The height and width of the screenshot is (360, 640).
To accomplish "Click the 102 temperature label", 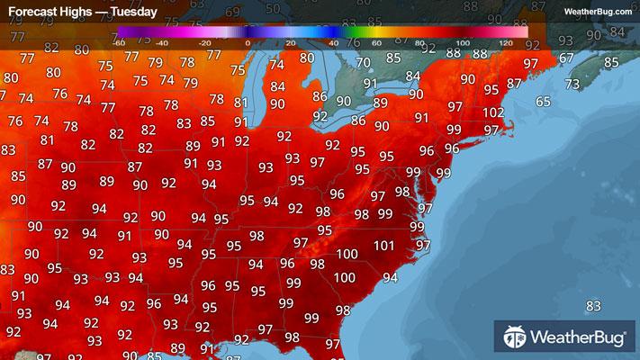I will (492, 112).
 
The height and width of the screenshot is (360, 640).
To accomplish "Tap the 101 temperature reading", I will (384, 245).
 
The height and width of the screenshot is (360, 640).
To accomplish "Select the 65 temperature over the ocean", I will (543, 102).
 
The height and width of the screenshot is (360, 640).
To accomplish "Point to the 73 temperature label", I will (572, 84).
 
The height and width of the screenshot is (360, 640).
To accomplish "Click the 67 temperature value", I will (565, 58).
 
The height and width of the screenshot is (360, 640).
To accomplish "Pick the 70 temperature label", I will (363, 62).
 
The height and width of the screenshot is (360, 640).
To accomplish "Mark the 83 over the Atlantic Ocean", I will (593, 307).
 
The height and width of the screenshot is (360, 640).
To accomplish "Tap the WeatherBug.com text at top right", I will (598, 11).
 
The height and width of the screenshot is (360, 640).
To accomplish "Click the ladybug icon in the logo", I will (516, 339).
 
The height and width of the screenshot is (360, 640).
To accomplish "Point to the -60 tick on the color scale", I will (119, 41).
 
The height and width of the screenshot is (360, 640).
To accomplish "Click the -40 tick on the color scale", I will (161, 41).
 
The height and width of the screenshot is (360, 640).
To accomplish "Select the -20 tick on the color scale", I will (204, 41).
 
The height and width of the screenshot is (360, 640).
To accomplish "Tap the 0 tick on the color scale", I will (248, 41).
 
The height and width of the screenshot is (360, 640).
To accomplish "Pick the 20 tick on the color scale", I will (290, 41).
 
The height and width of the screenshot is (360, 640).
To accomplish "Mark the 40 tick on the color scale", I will (333, 41).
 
